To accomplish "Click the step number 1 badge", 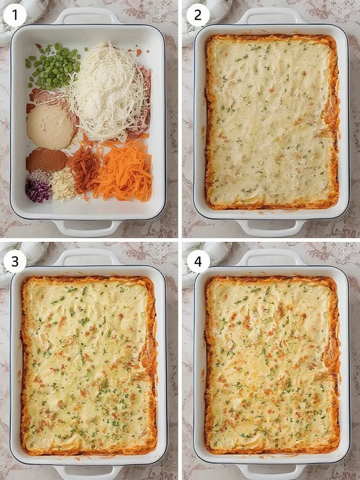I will pos(15,15).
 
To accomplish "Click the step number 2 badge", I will pos(198,15).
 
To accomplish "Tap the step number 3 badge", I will pos(15,261).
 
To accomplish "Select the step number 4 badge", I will pos(198,261).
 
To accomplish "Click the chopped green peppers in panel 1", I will pos(53,66).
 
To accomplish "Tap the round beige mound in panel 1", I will pos(50,127).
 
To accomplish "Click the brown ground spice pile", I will pos(46,160).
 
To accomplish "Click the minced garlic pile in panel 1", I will pos(63,184).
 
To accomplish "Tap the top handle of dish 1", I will pos(88,15).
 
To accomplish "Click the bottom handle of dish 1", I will pos(88,228).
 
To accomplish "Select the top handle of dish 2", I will pos(271,15).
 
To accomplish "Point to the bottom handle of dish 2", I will pos(271,228).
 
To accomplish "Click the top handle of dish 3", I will pos(88,257).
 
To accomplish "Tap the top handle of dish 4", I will pos(271,257).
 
